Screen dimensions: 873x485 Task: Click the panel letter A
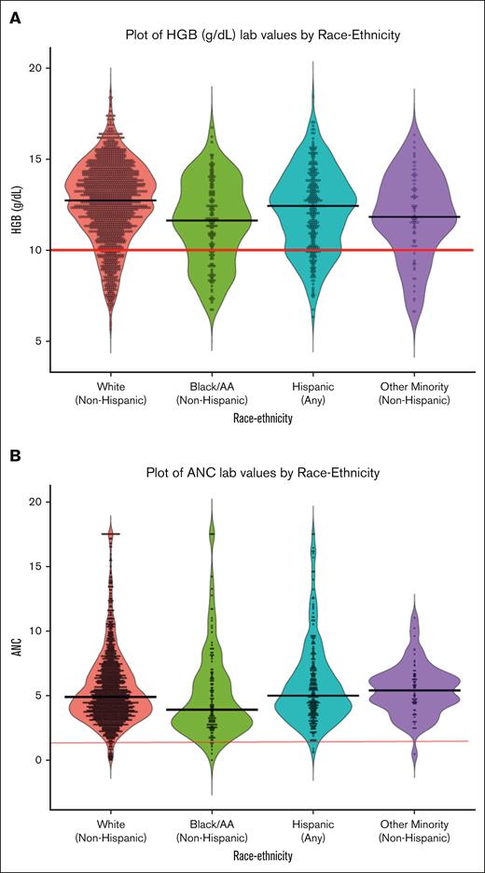(x=15, y=18)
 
